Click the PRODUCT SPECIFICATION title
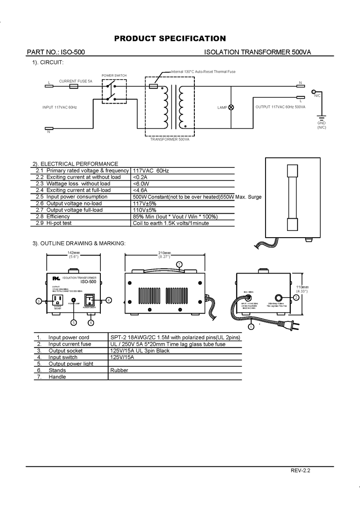click(170, 38)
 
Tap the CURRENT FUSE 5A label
click(76, 81)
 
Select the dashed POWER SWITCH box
click(114, 91)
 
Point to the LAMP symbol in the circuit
click(232, 108)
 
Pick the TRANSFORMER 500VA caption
click(170, 140)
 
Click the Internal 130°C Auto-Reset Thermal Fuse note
click(203, 72)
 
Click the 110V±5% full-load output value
click(144, 210)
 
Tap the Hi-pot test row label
click(59, 223)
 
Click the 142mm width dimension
click(73, 252)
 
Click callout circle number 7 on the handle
click(179, 264)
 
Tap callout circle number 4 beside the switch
click(109, 300)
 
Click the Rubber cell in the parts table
click(119, 370)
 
